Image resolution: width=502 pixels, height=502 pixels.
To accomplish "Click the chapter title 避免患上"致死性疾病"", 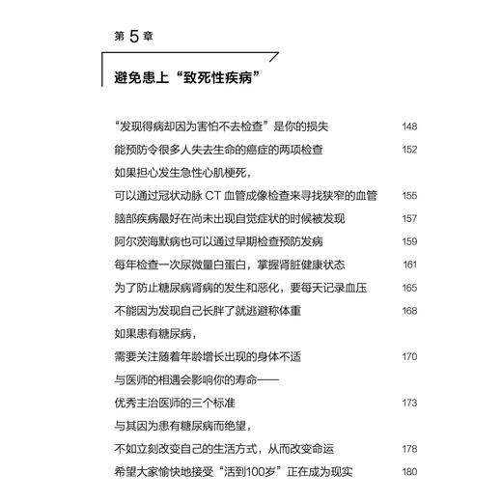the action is click(188, 73).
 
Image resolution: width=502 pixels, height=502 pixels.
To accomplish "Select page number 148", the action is click(408, 125).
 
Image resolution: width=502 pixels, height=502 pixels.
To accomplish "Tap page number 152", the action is click(408, 149).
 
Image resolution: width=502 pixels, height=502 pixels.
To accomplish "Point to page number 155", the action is click(408, 195).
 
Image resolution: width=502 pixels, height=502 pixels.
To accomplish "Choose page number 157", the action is click(408, 218).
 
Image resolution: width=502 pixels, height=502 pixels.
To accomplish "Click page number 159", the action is click(408, 241).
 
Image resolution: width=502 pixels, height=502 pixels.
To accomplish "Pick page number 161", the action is click(409, 265).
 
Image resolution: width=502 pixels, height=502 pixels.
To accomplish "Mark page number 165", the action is click(408, 288).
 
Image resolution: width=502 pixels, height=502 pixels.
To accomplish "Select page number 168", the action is click(408, 311).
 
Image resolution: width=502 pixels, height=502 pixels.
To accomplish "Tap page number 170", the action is click(408, 357).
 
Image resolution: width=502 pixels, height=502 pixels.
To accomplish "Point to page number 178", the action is click(408, 449).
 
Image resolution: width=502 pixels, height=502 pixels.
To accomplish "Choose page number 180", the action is click(408, 472).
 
